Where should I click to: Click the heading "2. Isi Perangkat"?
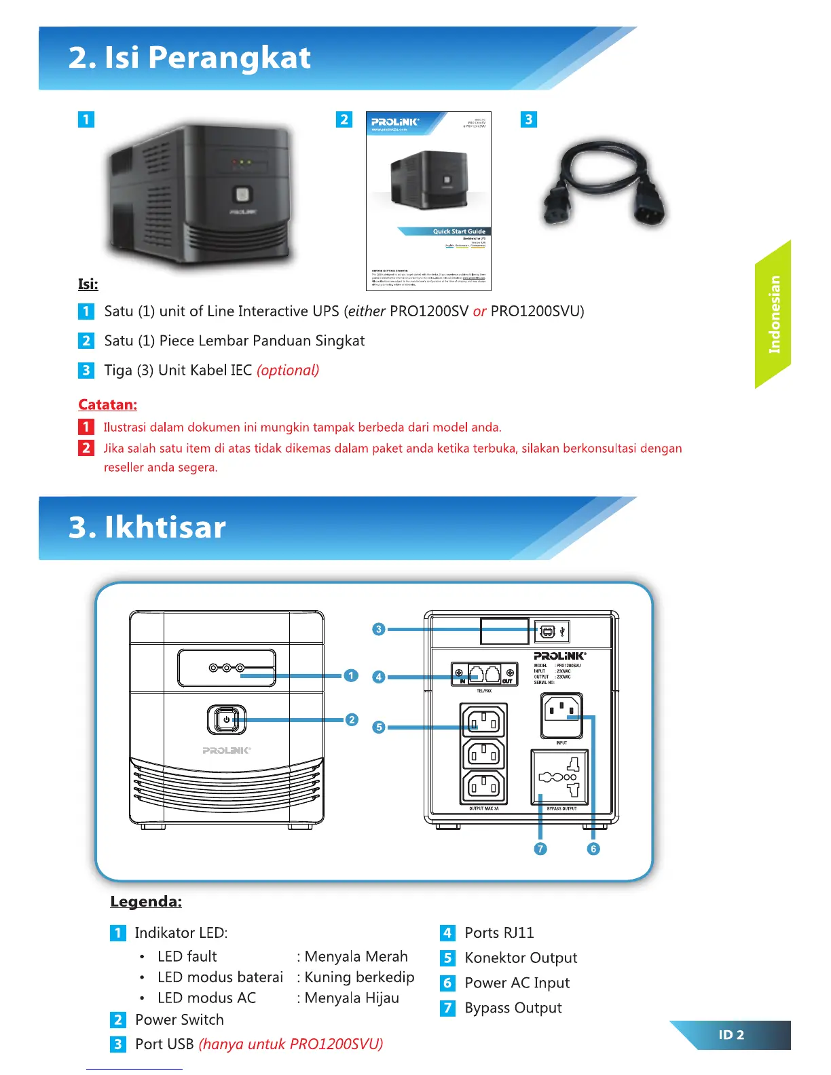(189, 58)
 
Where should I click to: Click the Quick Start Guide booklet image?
(428, 201)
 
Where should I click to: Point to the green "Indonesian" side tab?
(773, 314)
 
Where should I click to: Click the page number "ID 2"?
(731, 1035)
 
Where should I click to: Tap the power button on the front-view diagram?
(226, 719)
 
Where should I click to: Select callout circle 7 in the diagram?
(540, 849)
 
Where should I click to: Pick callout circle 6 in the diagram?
(593, 849)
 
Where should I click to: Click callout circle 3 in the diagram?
(379, 629)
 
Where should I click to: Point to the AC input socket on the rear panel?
(561, 715)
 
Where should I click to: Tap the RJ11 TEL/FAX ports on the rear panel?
(484, 674)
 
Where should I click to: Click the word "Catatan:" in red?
(107, 404)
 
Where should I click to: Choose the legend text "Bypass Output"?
(513, 1008)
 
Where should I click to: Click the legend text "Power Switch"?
(179, 1019)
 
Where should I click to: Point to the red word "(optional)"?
(288, 370)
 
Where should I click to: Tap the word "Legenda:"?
(146, 901)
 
